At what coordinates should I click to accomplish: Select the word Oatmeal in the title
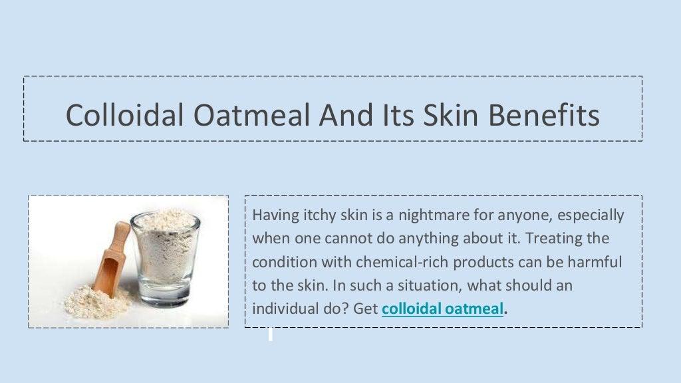click(252, 116)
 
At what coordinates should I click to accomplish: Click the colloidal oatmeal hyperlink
click(442, 309)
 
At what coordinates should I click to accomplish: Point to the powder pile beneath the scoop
click(93, 303)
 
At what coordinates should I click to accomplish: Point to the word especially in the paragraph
click(591, 215)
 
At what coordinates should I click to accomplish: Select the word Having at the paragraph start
click(273, 215)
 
